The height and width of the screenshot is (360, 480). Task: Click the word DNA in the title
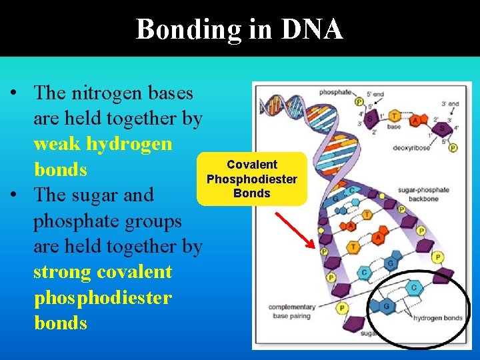(x=312, y=29)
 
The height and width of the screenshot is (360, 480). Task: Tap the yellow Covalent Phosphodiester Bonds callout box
(x=252, y=179)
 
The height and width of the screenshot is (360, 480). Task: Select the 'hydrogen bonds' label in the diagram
(x=437, y=318)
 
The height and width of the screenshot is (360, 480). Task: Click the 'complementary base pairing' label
(x=292, y=311)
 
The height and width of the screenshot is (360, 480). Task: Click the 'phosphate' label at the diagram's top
(x=335, y=92)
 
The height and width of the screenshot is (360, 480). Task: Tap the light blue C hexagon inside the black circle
(x=414, y=289)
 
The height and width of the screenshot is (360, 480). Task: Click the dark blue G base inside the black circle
(x=386, y=307)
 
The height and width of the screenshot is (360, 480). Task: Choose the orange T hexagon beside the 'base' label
(x=395, y=115)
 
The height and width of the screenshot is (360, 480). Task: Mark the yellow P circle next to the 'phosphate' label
(x=359, y=101)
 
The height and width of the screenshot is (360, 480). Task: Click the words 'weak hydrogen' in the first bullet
(x=103, y=144)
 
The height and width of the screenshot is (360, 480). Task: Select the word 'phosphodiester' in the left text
(x=103, y=297)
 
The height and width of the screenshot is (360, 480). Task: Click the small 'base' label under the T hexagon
(x=394, y=126)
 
